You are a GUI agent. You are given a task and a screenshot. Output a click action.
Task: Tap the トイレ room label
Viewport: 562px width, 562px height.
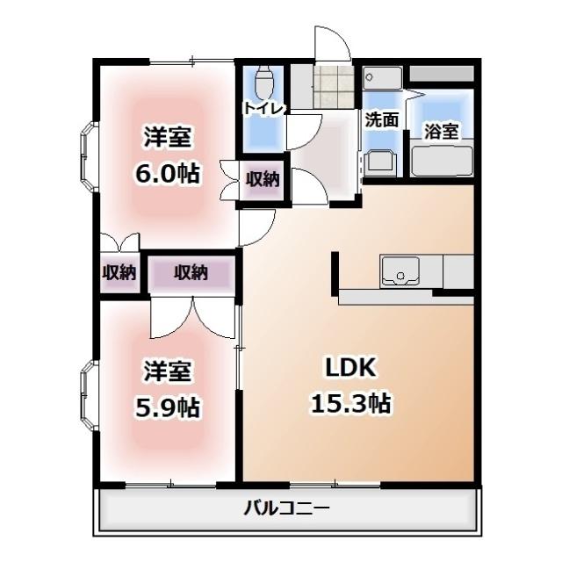point(263,108)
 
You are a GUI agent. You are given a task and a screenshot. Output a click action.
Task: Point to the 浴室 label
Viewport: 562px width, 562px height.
point(441,132)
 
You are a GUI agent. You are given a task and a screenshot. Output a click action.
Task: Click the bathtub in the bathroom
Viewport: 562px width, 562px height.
point(443,160)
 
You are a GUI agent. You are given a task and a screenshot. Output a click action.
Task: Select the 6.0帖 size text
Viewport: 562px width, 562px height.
point(167,173)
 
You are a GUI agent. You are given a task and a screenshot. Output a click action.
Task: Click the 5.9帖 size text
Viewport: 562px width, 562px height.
point(167,407)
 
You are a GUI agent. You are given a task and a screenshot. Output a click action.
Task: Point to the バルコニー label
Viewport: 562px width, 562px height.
point(287,508)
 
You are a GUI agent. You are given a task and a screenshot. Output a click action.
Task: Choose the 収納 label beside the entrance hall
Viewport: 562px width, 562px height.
point(262,180)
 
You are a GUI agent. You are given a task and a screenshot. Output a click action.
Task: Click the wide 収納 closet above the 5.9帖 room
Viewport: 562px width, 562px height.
point(191,273)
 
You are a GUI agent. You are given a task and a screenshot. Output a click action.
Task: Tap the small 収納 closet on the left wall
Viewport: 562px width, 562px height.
point(119,273)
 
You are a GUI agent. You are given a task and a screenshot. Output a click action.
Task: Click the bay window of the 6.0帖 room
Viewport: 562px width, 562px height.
point(90,156)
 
